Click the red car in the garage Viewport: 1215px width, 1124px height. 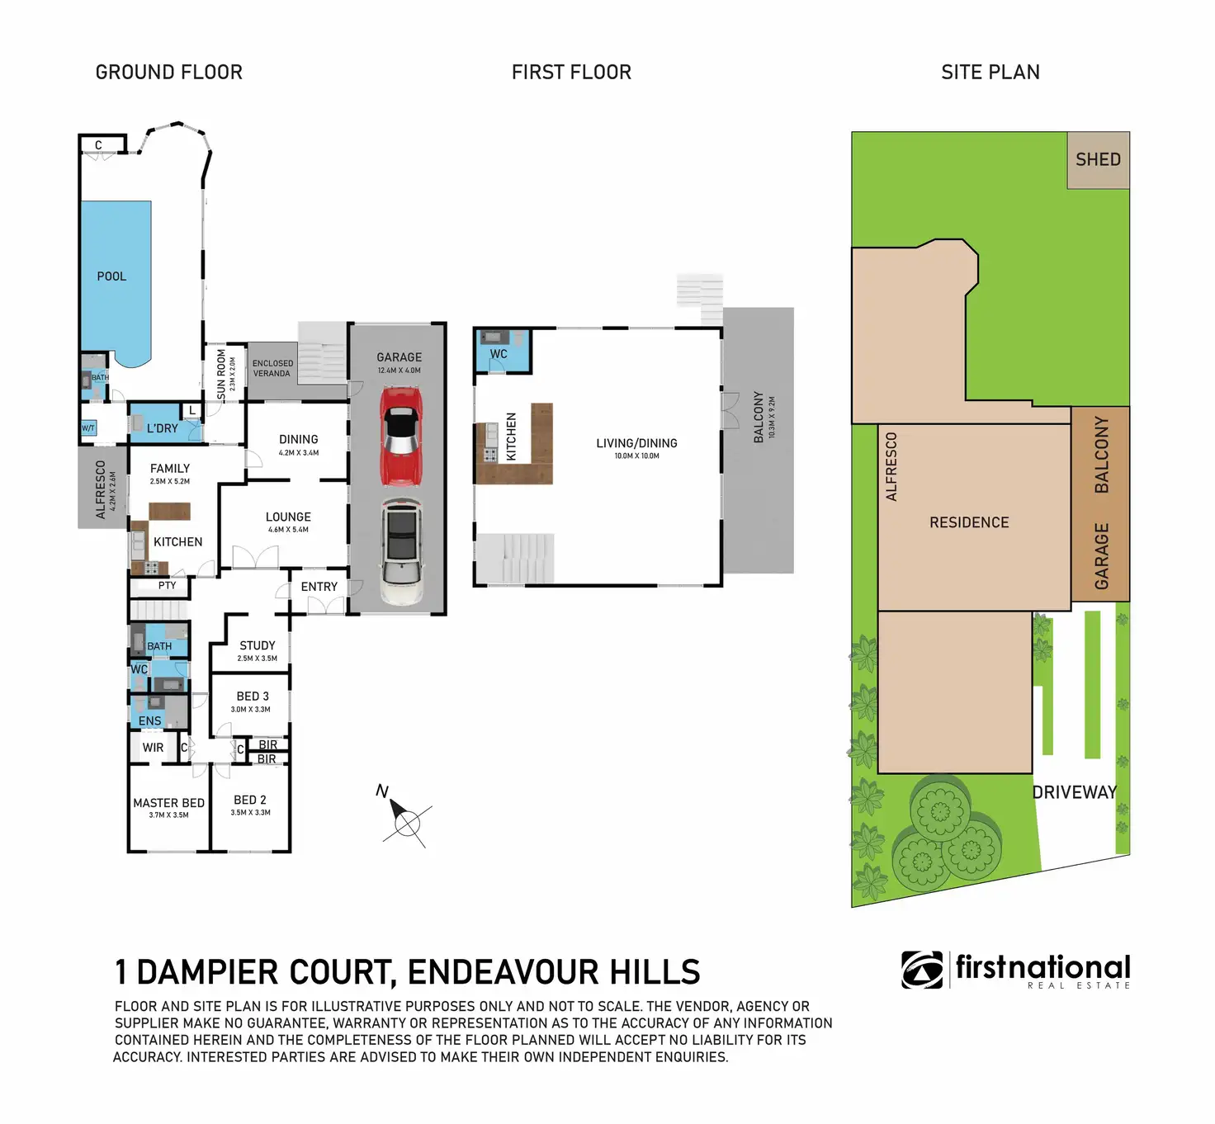coord(400,437)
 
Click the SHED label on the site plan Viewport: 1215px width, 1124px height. coord(1098,159)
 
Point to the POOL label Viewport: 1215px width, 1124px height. coord(112,276)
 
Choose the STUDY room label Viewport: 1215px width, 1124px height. coord(258,645)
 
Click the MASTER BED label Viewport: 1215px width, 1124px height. coord(169,803)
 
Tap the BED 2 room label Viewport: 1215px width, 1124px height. coord(250,800)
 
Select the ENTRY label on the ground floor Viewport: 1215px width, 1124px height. coord(319,587)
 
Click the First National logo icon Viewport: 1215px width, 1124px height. coord(922,970)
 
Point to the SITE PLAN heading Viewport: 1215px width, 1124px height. coord(990,72)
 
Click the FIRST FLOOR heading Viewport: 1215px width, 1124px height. coord(571,72)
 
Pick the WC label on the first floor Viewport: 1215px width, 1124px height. coord(499,354)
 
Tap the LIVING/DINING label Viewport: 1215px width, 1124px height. coord(637,443)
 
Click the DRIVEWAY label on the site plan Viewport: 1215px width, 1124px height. coord(1075,792)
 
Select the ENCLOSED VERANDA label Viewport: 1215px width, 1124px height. coord(272,368)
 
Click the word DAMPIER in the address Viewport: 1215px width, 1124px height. coord(263,971)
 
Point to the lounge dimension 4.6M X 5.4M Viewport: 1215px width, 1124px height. coord(288,530)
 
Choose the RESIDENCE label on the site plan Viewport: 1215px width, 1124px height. coord(969,522)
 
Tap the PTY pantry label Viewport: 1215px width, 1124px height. coord(167,586)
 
